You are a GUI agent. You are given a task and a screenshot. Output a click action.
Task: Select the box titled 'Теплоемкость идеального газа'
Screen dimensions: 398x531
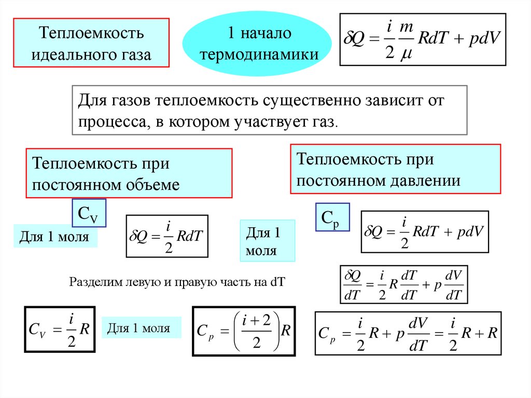(91, 44)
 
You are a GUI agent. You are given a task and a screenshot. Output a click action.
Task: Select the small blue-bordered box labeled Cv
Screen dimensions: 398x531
(89, 213)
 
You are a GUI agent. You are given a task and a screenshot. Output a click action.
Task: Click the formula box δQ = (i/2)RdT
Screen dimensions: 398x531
(167, 236)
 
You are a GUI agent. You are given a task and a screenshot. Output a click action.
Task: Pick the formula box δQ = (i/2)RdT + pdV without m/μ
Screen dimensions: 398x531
(425, 231)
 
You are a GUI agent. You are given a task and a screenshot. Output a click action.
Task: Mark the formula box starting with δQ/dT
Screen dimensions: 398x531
(403, 285)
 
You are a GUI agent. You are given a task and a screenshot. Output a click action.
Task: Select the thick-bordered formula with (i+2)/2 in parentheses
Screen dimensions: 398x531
(244, 331)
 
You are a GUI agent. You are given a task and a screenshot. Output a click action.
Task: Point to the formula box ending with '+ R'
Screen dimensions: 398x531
(408, 333)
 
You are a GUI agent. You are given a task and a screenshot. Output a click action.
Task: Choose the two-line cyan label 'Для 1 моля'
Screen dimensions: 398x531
(267, 241)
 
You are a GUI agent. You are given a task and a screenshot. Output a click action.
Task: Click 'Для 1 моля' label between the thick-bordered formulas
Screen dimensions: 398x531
(142, 328)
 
